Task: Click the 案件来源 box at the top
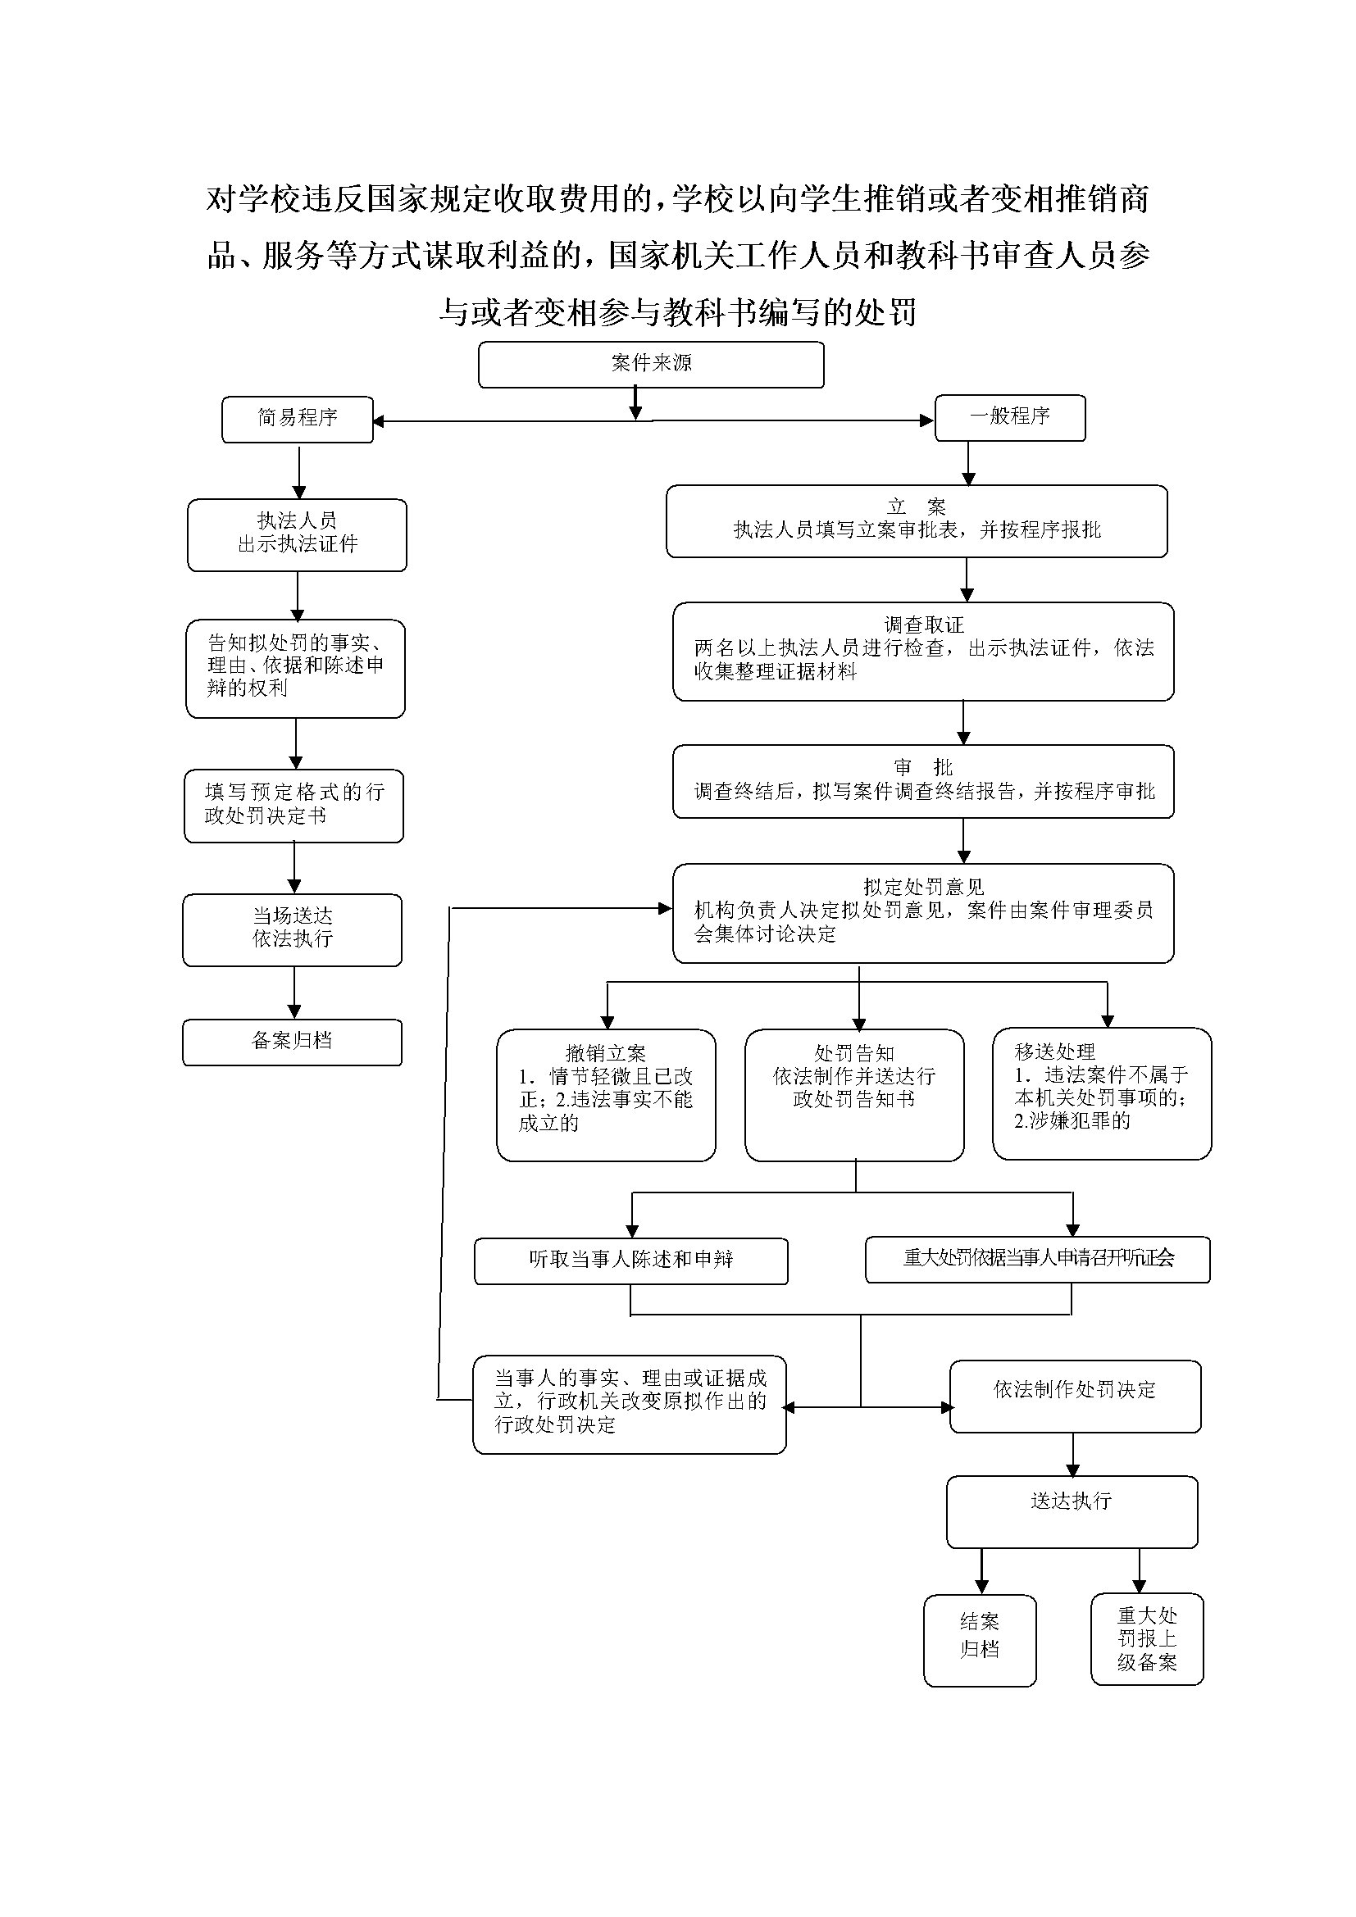[x=650, y=365]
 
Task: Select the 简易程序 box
[x=298, y=418]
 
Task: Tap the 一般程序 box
[x=1009, y=417]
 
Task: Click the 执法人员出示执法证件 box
[x=298, y=534]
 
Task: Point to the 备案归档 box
[x=292, y=1041]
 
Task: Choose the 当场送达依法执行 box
[x=292, y=929]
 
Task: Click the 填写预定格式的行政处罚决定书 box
[x=294, y=805]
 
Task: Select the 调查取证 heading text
[x=923, y=625]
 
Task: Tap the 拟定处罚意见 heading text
[x=923, y=887]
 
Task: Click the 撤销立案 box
[x=606, y=1095]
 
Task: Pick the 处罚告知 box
[x=854, y=1095]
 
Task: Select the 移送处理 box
[x=1101, y=1093]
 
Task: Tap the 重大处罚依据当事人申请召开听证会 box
[x=1038, y=1259]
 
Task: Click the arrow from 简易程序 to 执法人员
[x=299, y=472]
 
